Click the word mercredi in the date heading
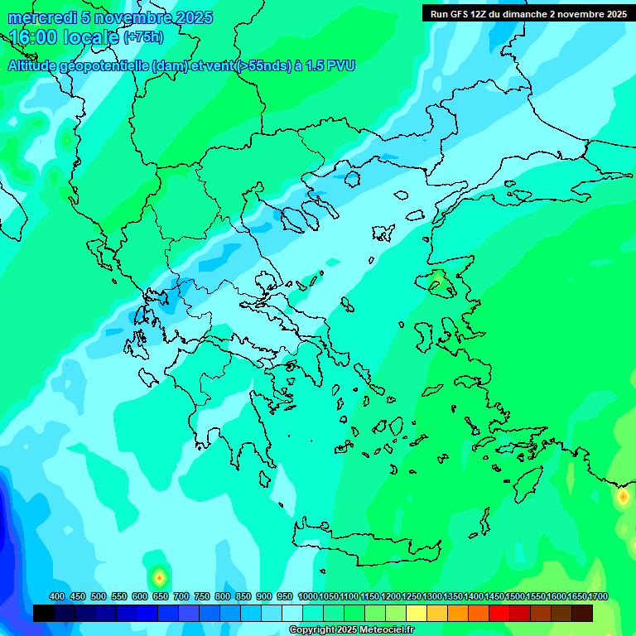click(x=37, y=17)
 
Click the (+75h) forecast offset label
click(x=143, y=37)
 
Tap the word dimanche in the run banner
click(x=527, y=14)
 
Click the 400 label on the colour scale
click(x=57, y=596)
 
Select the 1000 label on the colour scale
click(x=308, y=596)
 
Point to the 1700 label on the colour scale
click(x=598, y=596)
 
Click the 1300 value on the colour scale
click(x=432, y=596)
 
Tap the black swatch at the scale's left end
click(x=44, y=613)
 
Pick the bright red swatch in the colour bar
click(x=499, y=613)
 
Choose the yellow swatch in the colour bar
click(x=417, y=613)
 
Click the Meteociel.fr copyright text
click(x=352, y=630)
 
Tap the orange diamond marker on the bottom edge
click(x=159, y=576)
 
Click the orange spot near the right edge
click(x=622, y=497)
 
